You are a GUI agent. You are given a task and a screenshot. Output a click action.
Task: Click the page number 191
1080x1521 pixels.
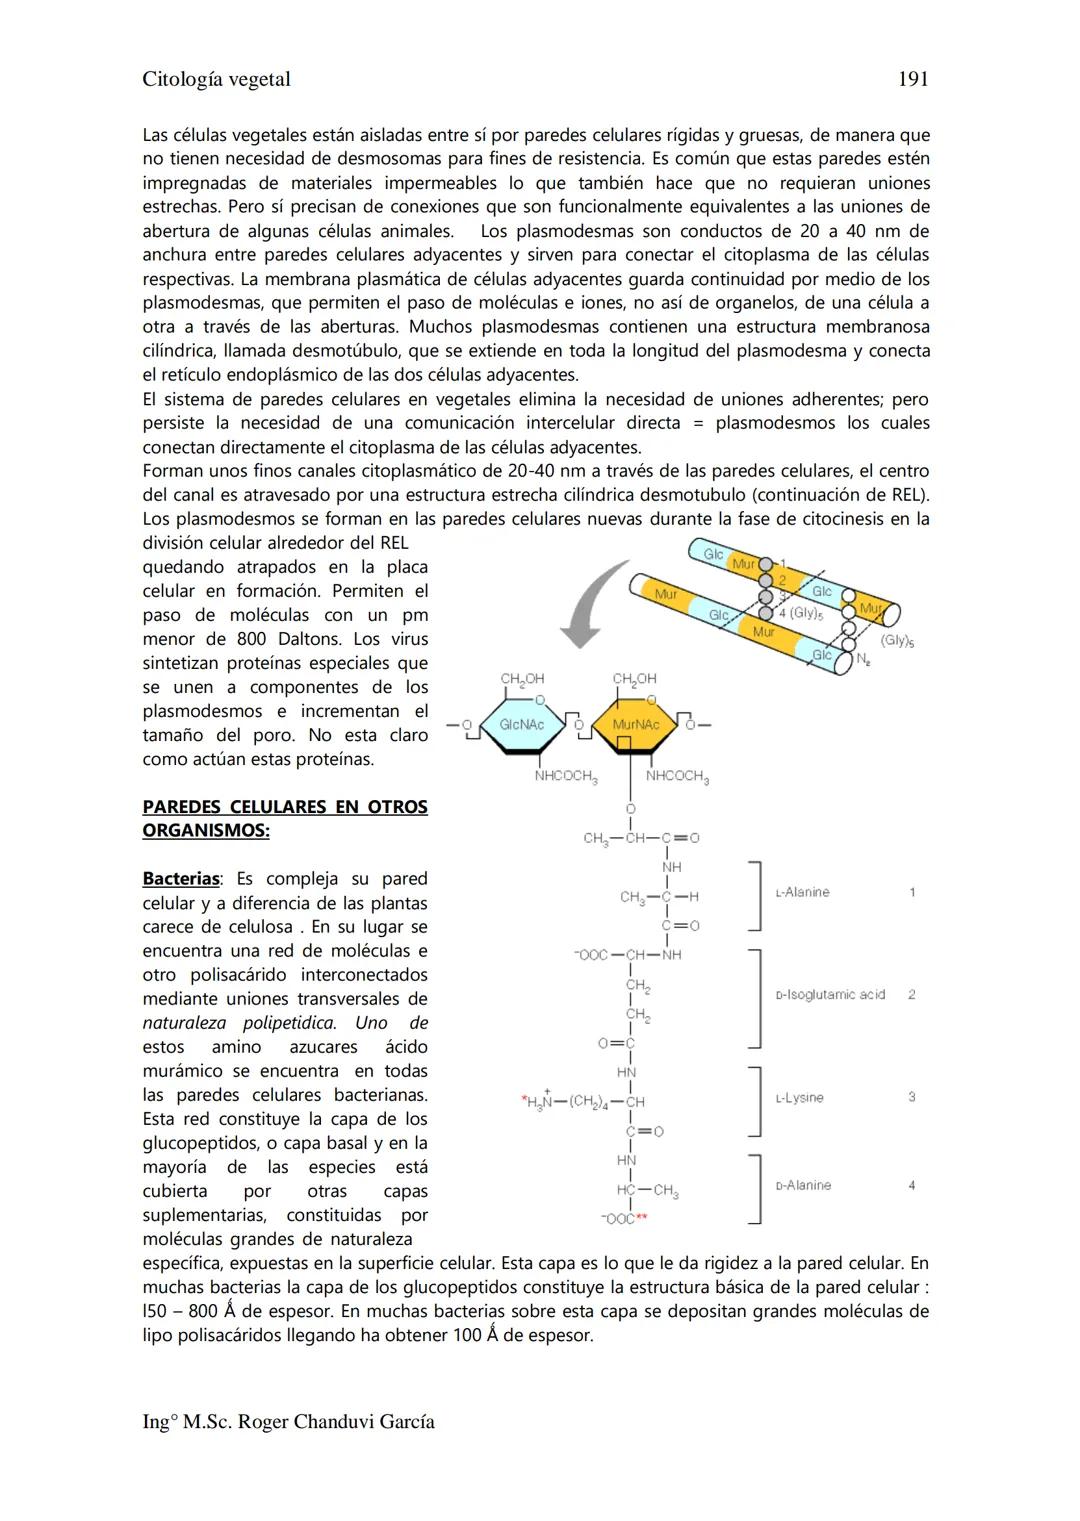point(913,79)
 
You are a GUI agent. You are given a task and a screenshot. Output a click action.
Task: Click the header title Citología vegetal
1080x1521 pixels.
point(216,79)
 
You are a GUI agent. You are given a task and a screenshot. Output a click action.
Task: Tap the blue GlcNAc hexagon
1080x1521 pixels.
point(521,724)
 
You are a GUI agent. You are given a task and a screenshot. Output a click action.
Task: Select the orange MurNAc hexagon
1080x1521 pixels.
point(635,724)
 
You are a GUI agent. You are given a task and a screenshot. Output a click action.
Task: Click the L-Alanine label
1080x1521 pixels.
point(803,892)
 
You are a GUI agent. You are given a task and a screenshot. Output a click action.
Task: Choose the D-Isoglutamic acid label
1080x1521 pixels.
point(831,995)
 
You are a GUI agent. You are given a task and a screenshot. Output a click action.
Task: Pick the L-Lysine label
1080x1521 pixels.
point(800,1098)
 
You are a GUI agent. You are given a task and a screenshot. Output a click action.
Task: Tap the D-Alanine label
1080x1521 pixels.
point(804,1185)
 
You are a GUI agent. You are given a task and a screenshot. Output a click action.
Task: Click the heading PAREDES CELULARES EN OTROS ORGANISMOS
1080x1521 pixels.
point(284,819)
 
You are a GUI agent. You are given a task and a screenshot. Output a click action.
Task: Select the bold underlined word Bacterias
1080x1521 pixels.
point(180,879)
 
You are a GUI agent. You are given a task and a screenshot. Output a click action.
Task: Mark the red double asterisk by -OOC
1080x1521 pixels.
point(642,1218)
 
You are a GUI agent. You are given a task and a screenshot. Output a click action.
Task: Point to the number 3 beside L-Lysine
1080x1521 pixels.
point(912,1097)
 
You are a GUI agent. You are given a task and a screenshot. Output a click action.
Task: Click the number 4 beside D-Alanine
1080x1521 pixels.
point(912,1185)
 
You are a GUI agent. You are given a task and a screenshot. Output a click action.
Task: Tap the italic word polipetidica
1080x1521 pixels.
point(289,1023)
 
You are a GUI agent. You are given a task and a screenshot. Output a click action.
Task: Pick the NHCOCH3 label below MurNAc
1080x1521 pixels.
point(677,776)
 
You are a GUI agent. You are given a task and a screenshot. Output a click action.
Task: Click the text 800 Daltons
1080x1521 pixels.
point(292,639)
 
